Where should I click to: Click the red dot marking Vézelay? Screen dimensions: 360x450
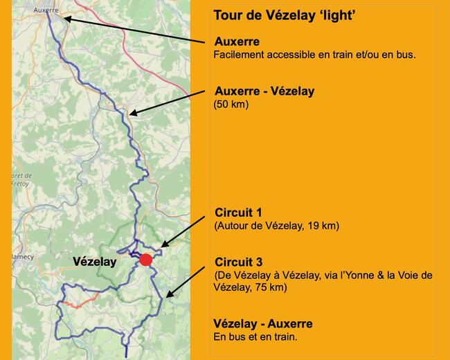[145, 260]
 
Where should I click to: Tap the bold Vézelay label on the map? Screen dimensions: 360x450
[95, 262]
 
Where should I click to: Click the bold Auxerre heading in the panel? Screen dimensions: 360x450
[237, 42]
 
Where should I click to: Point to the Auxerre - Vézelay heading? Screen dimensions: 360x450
[264, 91]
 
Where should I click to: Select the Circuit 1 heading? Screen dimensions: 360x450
[238, 212]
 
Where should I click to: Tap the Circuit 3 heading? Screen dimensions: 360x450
[238, 262]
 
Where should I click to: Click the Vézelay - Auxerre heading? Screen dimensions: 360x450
[263, 323]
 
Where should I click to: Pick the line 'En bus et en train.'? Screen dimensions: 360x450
[255, 337]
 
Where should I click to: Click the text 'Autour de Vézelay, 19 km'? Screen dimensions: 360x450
[277, 226]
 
